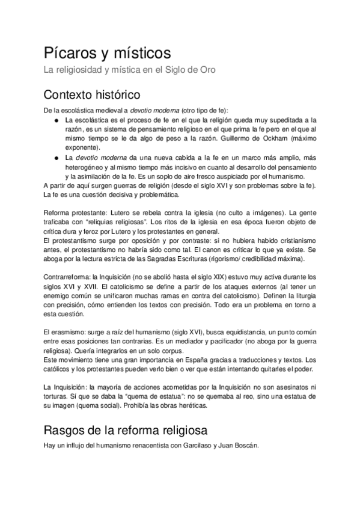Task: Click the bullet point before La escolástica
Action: pos(56,120)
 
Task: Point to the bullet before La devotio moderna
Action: pos(56,158)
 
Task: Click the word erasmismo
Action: pos(68,332)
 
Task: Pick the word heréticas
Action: pos(191,405)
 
